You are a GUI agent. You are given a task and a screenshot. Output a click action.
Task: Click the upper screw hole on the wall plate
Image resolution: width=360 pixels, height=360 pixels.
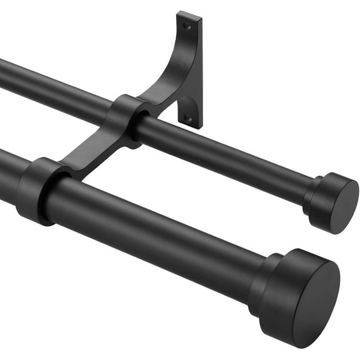coord(186,26)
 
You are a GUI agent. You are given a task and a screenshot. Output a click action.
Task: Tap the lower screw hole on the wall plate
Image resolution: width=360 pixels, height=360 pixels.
coord(187,116)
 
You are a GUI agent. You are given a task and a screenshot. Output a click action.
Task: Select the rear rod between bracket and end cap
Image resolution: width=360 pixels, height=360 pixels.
coord(225,156)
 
